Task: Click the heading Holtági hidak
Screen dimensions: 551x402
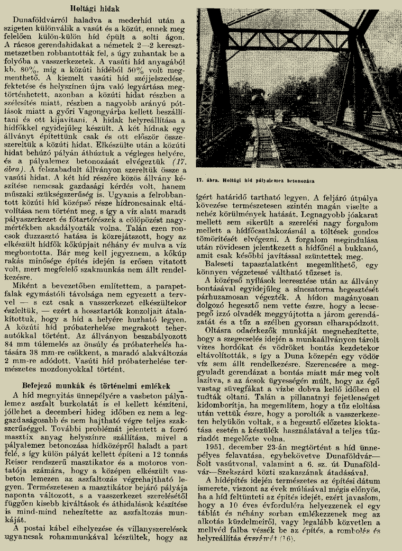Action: tap(97, 8)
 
